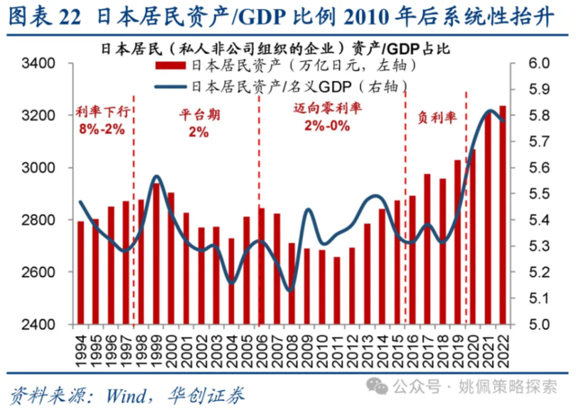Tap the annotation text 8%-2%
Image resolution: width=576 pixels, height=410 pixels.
tap(100, 131)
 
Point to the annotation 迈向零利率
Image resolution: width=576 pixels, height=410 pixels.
tap(325, 109)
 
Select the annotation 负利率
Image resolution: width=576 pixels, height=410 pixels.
tap(436, 117)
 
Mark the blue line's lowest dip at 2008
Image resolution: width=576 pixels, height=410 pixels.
tap(289, 290)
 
